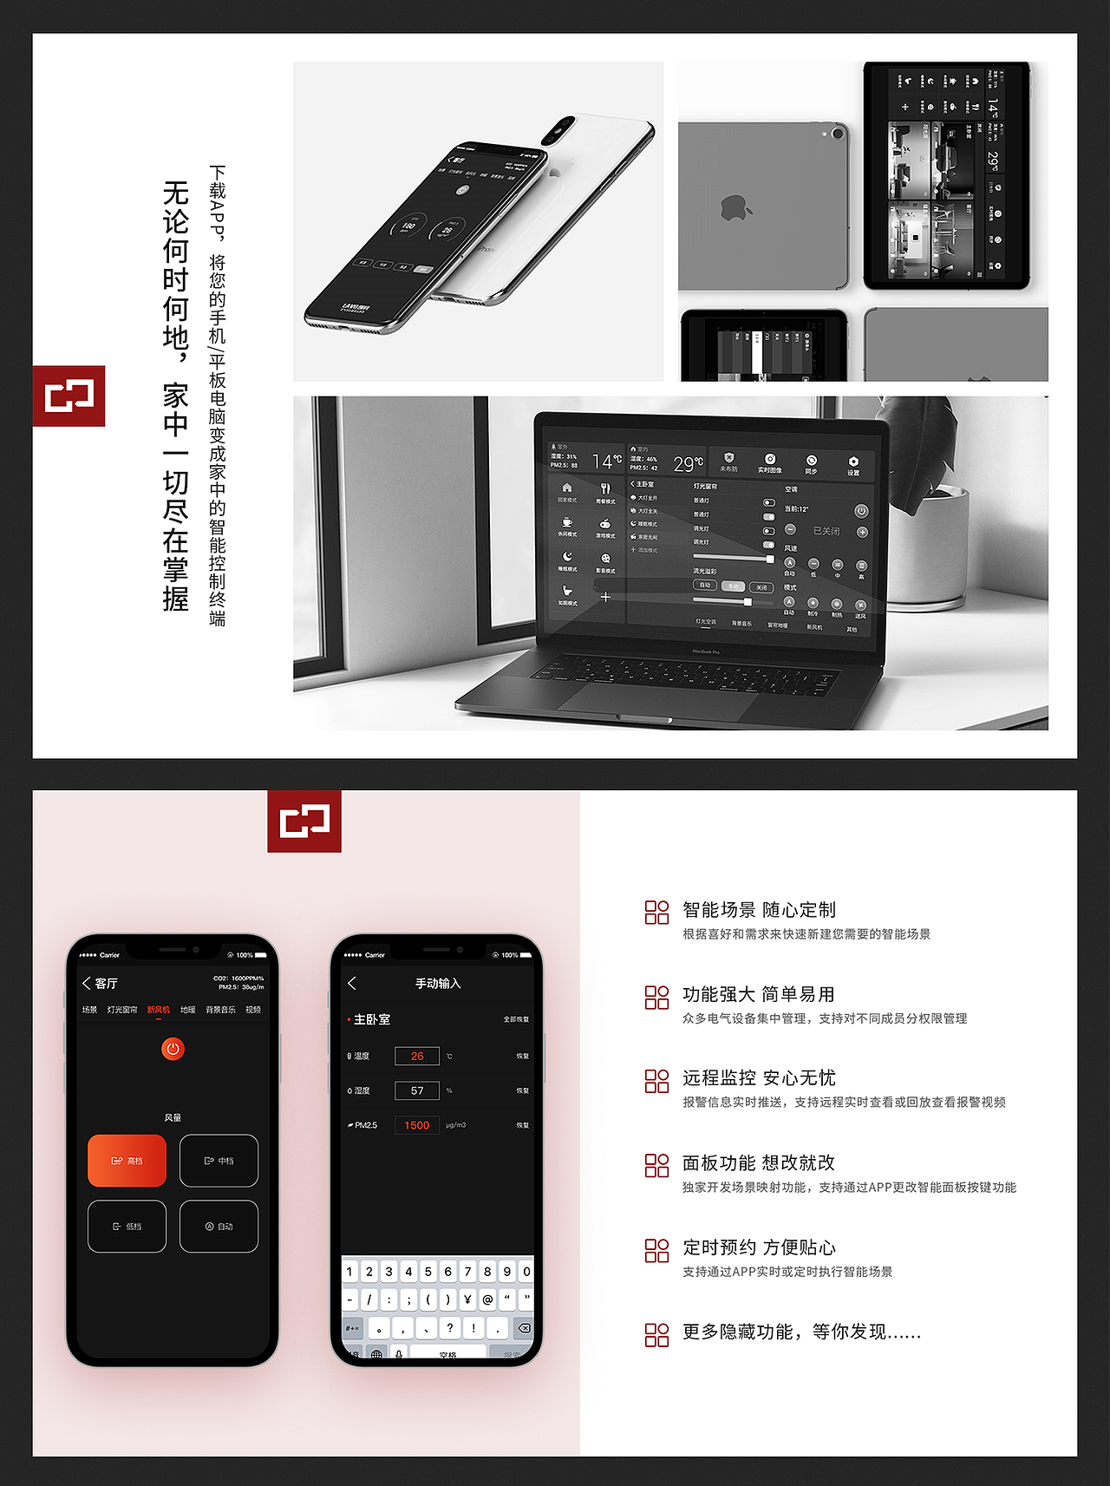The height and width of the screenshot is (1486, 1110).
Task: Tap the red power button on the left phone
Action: click(173, 1049)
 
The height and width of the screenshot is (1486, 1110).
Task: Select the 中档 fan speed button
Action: click(219, 1161)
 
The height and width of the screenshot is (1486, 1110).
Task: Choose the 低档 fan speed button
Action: click(127, 1227)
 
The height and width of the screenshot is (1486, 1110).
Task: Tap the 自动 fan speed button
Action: click(219, 1227)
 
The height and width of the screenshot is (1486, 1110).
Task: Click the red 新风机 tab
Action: click(159, 1010)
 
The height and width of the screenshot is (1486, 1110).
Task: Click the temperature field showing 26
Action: click(417, 1056)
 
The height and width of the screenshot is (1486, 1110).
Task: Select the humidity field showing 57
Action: click(417, 1090)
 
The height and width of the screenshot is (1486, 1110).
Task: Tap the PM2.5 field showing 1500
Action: click(417, 1125)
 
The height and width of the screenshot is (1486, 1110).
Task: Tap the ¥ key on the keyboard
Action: click(467, 1299)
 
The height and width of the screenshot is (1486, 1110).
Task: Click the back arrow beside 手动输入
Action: click(352, 983)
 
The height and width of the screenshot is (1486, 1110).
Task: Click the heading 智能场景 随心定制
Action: click(759, 910)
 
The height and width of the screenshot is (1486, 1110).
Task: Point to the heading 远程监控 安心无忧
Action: click(759, 1078)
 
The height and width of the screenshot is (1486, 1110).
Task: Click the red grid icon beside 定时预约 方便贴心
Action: click(656, 1250)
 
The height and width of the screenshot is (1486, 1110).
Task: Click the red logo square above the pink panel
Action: click(304, 821)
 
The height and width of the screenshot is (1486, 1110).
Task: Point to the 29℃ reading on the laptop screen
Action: click(688, 464)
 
